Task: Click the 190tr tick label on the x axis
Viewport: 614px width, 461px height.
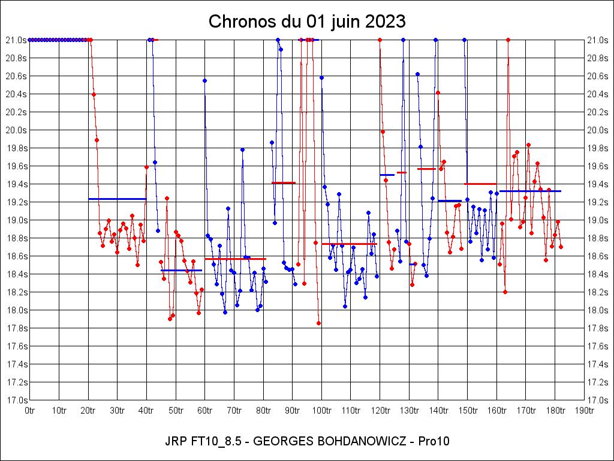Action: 584,411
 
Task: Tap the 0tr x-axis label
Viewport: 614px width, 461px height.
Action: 30,411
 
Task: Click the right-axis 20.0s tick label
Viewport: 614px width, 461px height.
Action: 598,130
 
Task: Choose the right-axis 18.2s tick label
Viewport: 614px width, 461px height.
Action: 598,292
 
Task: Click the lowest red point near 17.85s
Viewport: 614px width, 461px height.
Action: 318,323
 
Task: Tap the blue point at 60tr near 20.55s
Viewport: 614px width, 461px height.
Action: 204,80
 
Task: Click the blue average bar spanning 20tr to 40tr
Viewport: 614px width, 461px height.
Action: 117,199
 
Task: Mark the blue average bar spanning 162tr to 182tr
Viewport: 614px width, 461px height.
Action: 530,191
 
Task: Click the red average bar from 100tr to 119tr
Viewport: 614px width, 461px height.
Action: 349,244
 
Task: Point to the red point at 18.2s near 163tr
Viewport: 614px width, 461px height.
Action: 505,292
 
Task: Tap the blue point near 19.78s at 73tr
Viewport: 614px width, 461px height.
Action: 242,149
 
